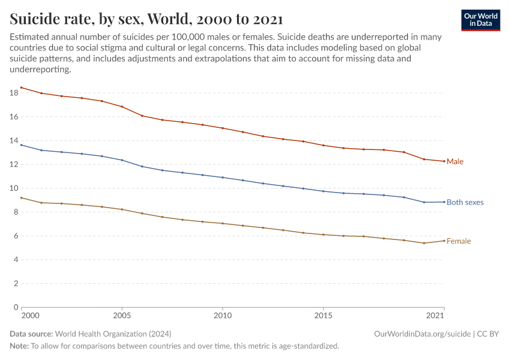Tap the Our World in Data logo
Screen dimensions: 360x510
coord(480,20)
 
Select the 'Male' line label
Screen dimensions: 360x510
coord(455,162)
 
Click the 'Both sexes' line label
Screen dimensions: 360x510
coord(465,203)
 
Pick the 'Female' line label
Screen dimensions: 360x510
coord(458,241)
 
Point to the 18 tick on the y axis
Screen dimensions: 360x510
coord(14,93)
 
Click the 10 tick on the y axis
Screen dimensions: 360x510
coord(14,188)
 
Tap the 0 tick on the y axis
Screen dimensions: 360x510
coord(16,307)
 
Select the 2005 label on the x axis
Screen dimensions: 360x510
coord(122,316)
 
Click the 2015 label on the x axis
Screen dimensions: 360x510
coord(323,316)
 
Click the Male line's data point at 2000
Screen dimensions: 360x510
coord(22,88)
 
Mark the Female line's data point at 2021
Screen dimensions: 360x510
coord(444,241)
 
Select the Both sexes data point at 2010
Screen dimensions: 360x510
coord(223,178)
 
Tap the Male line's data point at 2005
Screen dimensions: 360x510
coord(122,107)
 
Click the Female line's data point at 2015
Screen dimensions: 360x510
coord(323,235)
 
